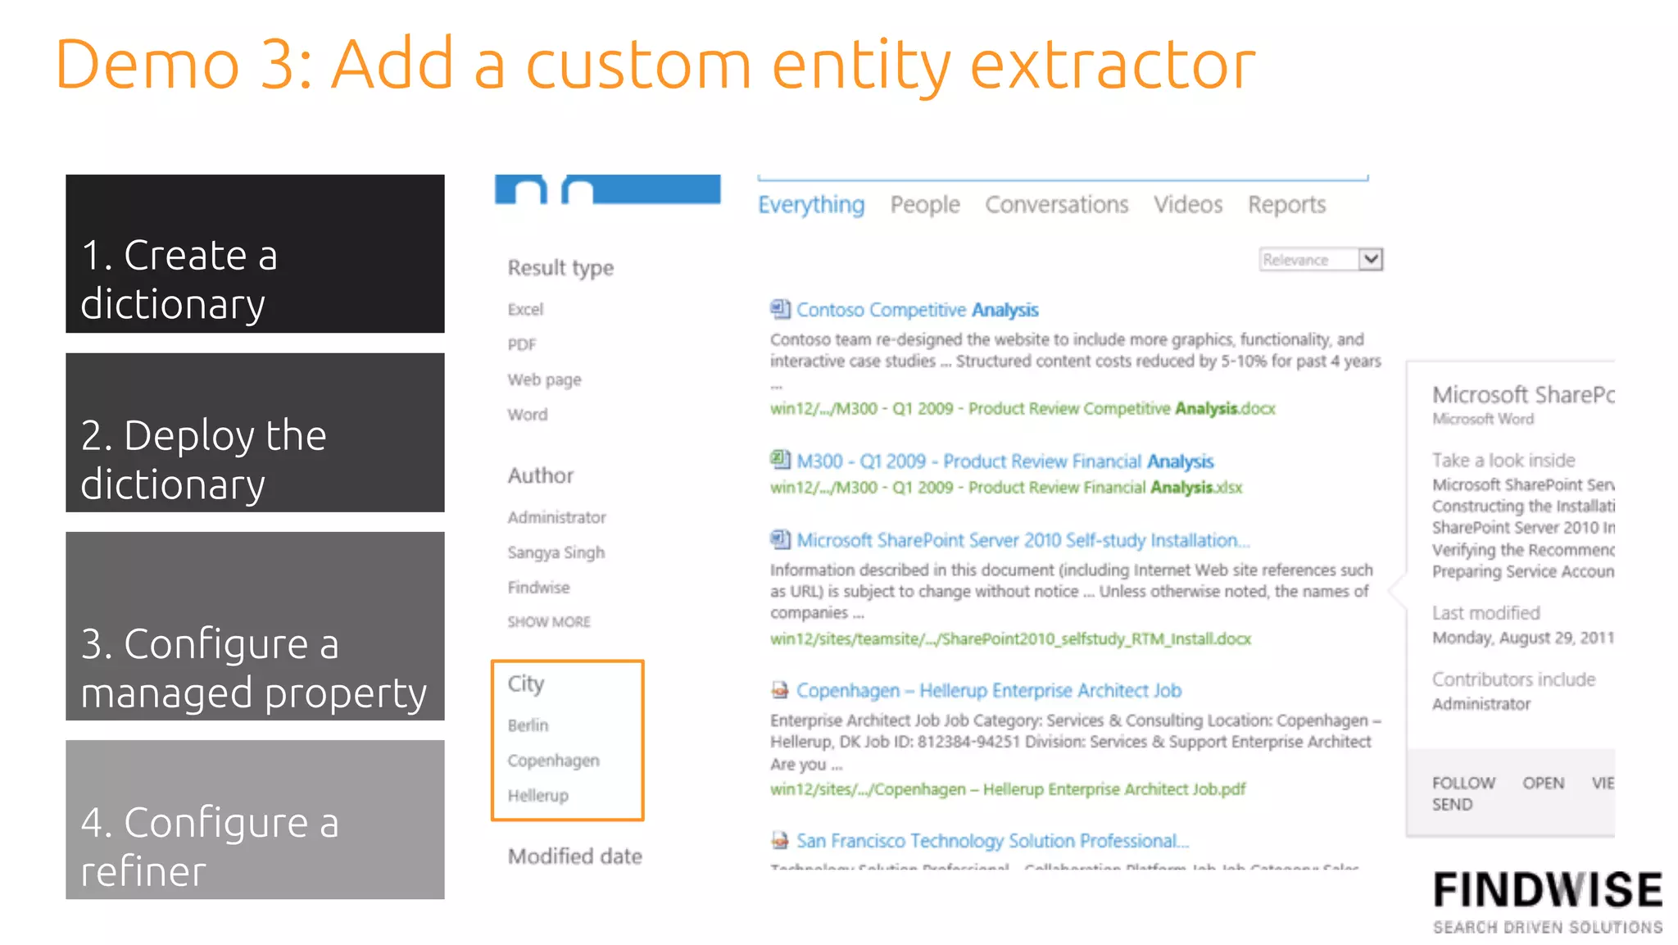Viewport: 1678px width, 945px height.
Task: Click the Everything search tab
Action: [x=810, y=205]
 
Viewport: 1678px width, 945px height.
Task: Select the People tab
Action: [x=924, y=205]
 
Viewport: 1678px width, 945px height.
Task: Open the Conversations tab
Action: [x=1056, y=205]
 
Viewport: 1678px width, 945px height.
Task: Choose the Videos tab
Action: [x=1187, y=205]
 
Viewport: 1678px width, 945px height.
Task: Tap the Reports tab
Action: [x=1286, y=205]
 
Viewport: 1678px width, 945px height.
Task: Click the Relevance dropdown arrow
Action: [x=1370, y=260]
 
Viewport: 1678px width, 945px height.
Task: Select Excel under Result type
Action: [x=525, y=310]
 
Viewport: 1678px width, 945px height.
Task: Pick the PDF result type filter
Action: [x=522, y=345]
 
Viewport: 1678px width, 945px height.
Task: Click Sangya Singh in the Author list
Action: [x=556, y=552]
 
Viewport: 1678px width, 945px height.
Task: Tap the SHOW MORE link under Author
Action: [x=548, y=622]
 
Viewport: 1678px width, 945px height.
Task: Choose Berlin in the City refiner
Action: [x=528, y=725]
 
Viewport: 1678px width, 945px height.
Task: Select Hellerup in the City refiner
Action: [x=537, y=795]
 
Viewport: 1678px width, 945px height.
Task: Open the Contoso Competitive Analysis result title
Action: [x=917, y=310]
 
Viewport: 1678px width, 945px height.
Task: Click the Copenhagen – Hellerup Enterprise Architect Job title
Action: [x=988, y=691]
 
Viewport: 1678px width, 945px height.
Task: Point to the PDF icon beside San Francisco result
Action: [x=780, y=840]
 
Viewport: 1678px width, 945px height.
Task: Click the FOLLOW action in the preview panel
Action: [x=1463, y=784]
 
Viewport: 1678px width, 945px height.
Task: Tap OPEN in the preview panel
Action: [x=1543, y=784]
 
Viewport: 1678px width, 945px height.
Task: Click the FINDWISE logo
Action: [x=1547, y=900]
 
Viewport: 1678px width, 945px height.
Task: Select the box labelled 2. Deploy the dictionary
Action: [x=255, y=433]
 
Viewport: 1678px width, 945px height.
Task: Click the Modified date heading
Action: [x=574, y=856]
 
